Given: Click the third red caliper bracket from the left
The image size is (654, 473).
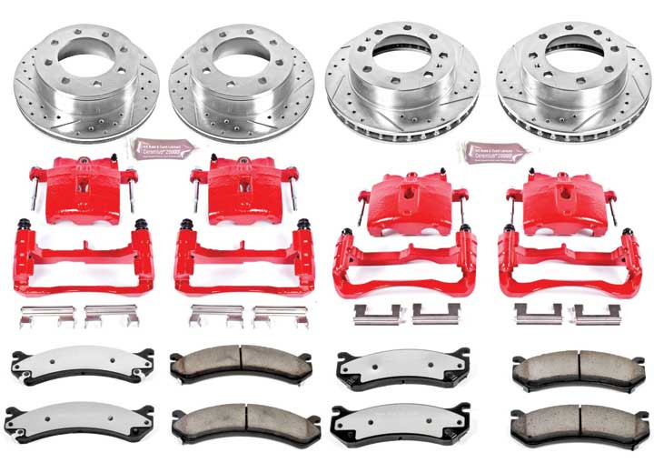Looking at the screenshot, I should pyautogui.click(x=405, y=267).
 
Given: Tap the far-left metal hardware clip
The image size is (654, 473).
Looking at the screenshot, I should pyautogui.click(x=46, y=317).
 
